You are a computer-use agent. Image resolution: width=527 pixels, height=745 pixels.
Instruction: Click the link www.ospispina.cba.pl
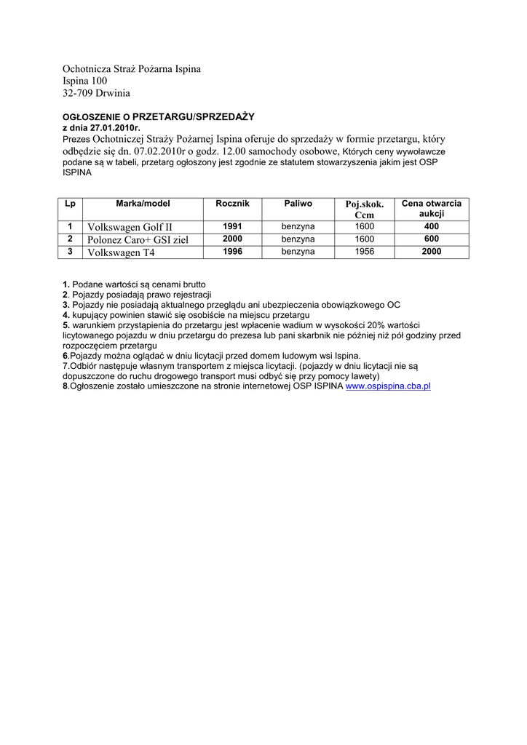pyautogui.click(x=388, y=387)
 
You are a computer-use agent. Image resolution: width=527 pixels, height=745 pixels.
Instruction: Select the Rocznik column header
pyautogui.click(x=232, y=204)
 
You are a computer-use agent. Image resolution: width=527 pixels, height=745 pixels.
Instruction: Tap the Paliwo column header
pyautogui.click(x=298, y=204)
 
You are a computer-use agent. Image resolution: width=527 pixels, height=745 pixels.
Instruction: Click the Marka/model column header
pyautogui.click(x=143, y=204)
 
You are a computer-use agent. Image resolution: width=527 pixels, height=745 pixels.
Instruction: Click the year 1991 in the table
pyautogui.click(x=232, y=227)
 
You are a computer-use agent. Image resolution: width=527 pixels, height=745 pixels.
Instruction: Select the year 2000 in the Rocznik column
pyautogui.click(x=232, y=239)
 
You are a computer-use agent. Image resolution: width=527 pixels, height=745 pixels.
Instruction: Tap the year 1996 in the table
pyautogui.click(x=232, y=252)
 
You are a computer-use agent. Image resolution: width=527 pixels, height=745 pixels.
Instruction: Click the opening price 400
pyautogui.click(x=432, y=227)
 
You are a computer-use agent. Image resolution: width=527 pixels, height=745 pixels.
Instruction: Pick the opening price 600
pyautogui.click(x=432, y=239)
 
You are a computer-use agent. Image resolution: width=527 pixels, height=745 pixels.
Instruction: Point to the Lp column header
pyautogui.click(x=70, y=204)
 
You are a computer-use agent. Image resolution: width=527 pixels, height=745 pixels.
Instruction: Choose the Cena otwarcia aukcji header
pyautogui.click(x=432, y=210)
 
